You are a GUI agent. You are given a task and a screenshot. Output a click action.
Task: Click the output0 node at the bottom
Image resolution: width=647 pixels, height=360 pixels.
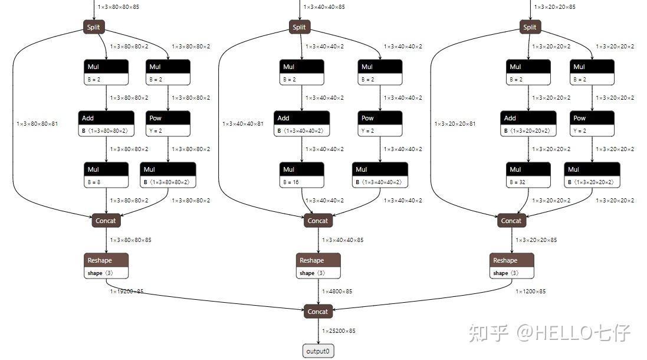(318, 351)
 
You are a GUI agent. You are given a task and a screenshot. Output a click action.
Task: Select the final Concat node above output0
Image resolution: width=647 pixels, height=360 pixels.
(318, 312)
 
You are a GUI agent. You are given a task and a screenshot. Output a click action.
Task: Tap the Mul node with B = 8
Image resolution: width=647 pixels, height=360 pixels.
(106, 175)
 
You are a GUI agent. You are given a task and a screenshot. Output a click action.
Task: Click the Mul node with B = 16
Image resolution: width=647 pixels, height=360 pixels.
(301, 175)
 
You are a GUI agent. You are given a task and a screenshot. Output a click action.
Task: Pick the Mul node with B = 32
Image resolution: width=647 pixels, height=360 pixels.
(528, 175)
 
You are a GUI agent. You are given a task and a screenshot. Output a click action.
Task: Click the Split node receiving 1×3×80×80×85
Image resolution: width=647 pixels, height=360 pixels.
(94, 27)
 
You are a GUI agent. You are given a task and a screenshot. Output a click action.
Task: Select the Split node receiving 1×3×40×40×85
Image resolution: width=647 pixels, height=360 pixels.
(300, 27)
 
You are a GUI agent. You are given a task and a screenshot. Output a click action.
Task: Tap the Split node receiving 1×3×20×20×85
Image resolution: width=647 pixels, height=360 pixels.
(530, 27)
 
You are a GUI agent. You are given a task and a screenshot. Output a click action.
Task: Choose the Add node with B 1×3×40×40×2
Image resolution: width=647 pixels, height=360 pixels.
(301, 124)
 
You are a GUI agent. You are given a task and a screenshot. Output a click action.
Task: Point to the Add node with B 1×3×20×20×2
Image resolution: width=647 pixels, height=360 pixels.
(528, 124)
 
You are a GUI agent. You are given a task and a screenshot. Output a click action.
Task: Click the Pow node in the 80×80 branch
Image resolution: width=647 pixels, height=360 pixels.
(168, 124)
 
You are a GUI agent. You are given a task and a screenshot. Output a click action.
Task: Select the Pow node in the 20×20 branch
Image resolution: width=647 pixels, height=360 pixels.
(592, 124)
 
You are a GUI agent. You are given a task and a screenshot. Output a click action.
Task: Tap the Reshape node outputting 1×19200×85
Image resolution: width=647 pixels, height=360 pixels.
(106, 266)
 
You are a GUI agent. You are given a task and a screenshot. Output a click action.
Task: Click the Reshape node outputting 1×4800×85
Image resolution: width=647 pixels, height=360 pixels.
(318, 266)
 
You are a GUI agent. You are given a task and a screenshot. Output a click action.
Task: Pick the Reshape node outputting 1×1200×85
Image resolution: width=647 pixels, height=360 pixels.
(511, 266)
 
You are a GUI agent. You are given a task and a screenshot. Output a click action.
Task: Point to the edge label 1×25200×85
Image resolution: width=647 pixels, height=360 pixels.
(339, 331)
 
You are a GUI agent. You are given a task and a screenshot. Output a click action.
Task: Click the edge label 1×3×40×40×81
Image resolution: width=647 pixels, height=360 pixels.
(243, 124)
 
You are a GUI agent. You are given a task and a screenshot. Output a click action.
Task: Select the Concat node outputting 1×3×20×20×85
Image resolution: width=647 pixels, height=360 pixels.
(511, 221)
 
